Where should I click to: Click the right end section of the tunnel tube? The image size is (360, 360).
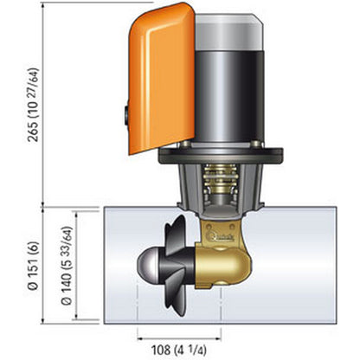click(x=320, y=260)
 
